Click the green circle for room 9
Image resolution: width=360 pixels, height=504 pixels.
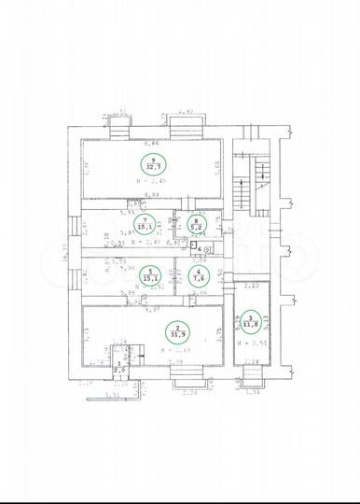tap(150, 163)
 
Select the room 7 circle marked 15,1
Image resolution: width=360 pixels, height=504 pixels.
tap(145, 223)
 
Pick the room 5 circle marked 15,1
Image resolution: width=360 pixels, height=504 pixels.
tap(145, 274)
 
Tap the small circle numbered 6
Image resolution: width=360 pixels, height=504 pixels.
tap(200, 250)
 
